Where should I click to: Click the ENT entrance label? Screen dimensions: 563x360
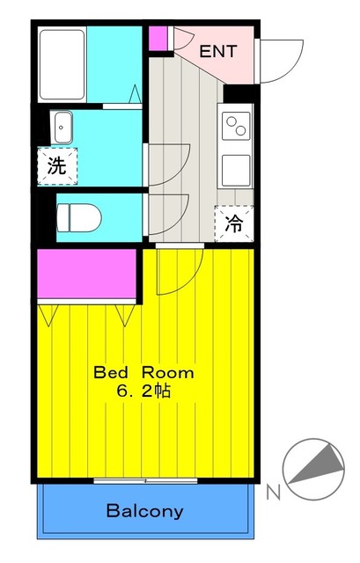217,51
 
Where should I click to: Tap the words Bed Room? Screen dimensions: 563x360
144,372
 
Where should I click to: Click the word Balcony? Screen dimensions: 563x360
144,510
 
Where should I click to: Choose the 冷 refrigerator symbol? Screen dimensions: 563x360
233,223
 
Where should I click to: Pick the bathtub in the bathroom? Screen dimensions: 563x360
61,62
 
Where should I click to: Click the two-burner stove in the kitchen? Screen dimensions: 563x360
235,128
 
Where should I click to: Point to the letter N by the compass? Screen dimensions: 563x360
273,489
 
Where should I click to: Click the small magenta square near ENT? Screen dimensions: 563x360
158,38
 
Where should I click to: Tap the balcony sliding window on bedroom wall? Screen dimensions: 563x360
145,480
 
